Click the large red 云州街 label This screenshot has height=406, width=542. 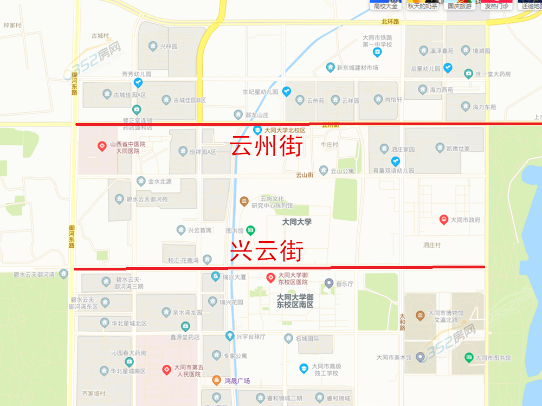(x=266, y=146)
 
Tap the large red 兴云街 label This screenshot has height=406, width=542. (x=266, y=252)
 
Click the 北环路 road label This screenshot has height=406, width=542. (x=390, y=22)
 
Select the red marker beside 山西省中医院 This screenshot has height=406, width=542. (x=101, y=146)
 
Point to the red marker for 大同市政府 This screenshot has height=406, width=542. (x=443, y=220)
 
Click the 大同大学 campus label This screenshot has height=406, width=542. (x=297, y=222)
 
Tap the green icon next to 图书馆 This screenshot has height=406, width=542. (x=251, y=230)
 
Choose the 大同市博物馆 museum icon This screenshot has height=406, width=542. (x=420, y=315)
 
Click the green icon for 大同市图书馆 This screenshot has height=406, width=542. (x=469, y=357)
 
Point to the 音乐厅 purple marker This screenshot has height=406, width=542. (x=328, y=283)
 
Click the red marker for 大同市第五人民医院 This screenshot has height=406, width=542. (x=167, y=370)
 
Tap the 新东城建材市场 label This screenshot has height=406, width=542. (x=357, y=68)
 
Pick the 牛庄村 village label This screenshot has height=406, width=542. (x=330, y=145)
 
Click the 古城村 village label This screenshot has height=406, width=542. (x=100, y=36)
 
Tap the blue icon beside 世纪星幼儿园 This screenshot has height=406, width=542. (x=286, y=92)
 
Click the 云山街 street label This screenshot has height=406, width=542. (x=305, y=175)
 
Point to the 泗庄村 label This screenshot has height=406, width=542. (x=432, y=246)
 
